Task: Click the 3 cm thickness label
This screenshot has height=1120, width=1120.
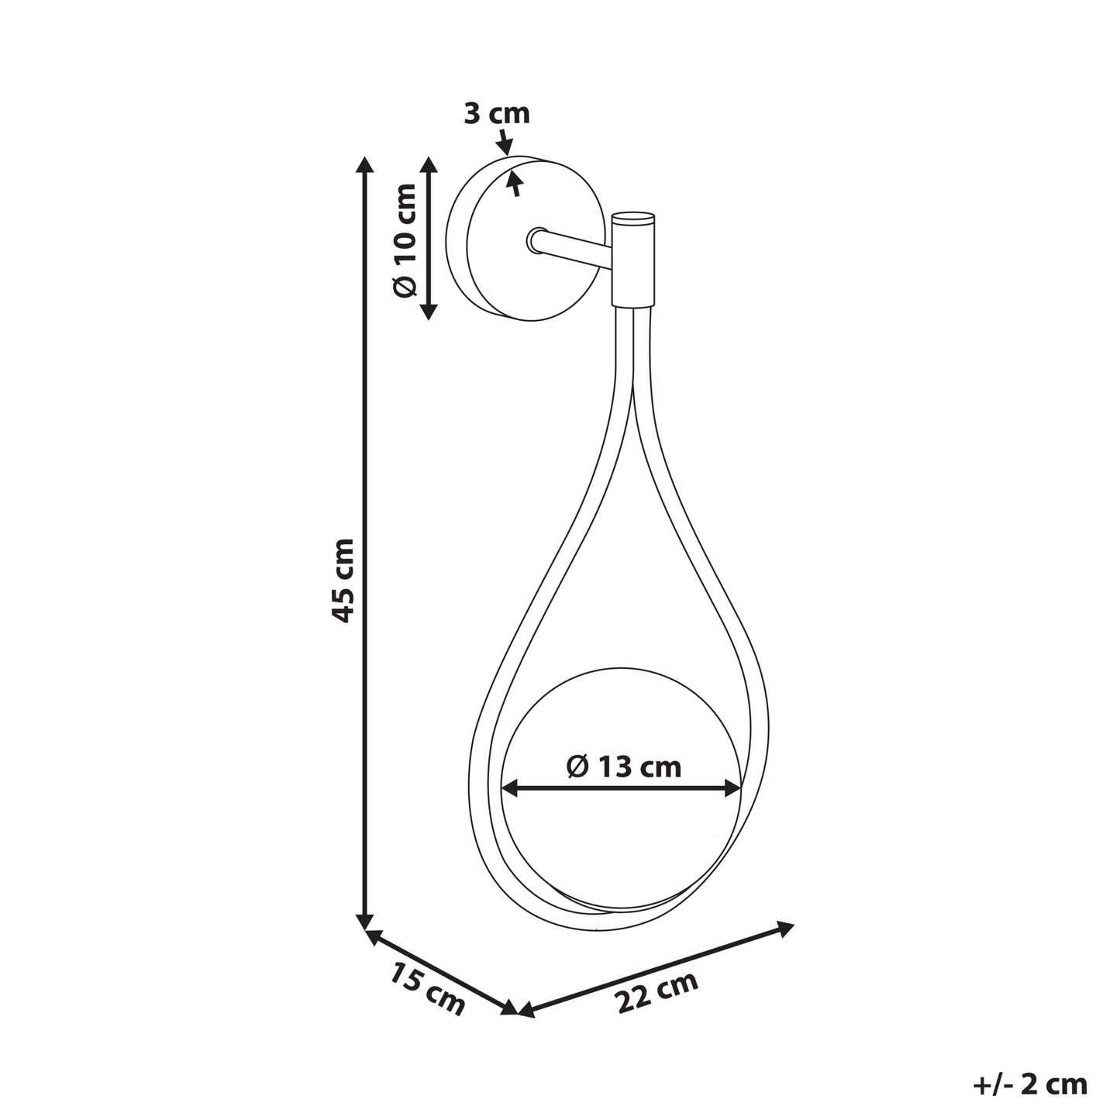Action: [x=496, y=113]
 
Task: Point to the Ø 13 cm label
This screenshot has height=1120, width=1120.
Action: [x=624, y=767]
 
